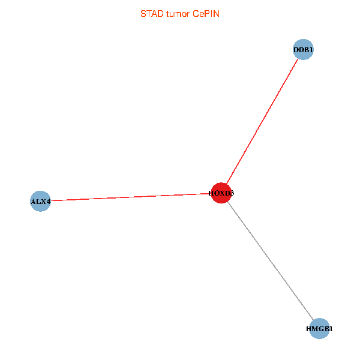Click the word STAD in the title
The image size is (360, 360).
tap(150, 13)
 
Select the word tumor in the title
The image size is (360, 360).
tap(178, 13)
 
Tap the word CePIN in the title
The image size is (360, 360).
tap(206, 13)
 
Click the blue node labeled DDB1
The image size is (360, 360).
tap(303, 49)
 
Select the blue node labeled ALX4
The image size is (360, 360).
tap(40, 201)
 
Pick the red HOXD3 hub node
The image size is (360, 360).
tap(221, 193)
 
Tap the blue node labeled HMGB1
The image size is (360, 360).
tap(320, 329)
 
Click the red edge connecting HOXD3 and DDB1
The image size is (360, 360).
tap(262, 121)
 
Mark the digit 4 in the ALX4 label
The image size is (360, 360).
tap(48, 202)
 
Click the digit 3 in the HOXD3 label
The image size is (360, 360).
tap(232, 193)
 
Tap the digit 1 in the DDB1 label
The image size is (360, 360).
tap(311, 49)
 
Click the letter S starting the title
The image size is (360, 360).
tap(142, 13)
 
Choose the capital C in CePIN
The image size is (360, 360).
tap(196, 13)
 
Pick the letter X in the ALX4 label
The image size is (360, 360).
tap(43, 202)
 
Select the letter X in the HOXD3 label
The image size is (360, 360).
tap(221, 193)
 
